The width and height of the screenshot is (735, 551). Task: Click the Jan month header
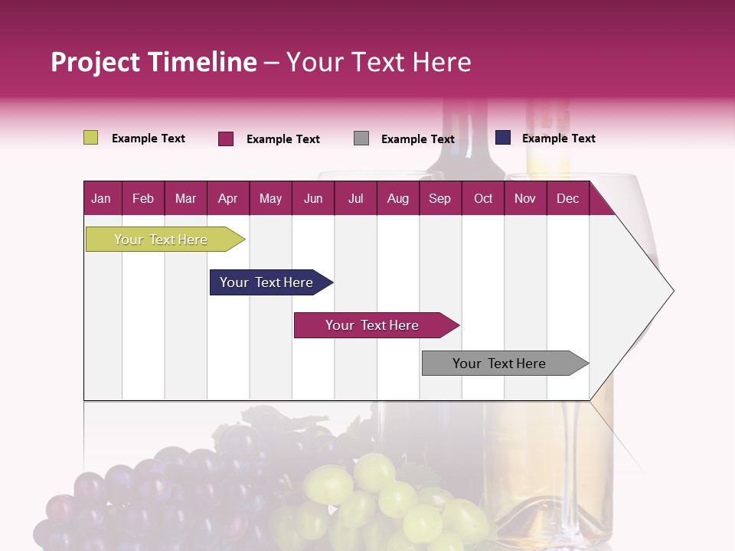(101, 198)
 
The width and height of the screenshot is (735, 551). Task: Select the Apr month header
(227, 198)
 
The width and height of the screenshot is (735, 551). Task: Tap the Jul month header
(355, 198)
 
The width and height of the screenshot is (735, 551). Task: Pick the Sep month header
(439, 198)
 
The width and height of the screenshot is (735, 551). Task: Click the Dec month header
(567, 198)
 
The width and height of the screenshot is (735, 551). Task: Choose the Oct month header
(482, 198)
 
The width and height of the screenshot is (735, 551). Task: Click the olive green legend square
(90, 138)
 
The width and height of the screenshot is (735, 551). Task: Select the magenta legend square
(226, 139)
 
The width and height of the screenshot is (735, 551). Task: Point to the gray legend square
(361, 139)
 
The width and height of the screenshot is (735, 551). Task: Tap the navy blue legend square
(503, 138)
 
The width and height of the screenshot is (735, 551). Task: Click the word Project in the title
(95, 62)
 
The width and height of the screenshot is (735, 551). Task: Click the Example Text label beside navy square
(558, 138)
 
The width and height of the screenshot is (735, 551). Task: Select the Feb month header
(143, 198)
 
